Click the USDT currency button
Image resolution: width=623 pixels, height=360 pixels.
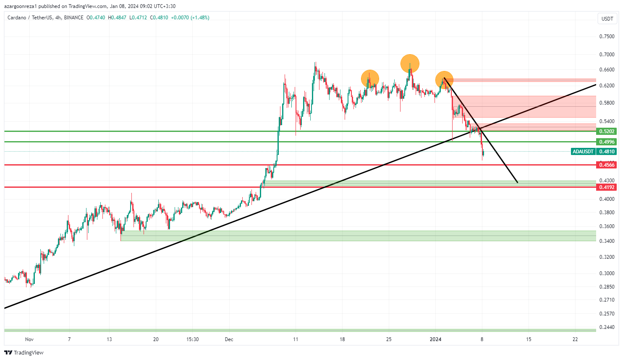tap(607, 18)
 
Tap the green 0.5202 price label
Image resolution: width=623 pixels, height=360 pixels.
tap(607, 131)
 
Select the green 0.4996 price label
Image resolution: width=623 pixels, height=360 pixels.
tap(607, 142)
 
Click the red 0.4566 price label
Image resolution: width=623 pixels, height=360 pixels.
tap(607, 165)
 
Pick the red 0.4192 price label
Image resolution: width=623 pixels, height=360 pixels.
tap(607, 187)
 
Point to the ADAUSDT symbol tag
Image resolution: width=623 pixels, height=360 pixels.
tap(583, 152)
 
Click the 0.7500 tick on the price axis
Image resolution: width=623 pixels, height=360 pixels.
tap(607, 37)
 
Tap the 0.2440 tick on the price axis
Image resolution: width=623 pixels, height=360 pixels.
tap(607, 327)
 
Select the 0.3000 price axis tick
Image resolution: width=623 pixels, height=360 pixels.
tap(607, 273)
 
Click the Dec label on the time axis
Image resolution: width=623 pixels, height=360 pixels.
tap(229, 339)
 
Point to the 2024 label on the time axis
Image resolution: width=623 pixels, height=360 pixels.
tap(435, 339)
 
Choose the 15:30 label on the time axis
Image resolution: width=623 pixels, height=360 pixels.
tap(192, 339)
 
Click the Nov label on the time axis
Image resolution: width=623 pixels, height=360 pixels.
tap(29, 339)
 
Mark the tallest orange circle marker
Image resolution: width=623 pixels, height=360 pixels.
tap(410, 64)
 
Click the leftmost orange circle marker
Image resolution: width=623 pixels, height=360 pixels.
tap(370, 79)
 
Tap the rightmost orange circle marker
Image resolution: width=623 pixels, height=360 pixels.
tap(444, 80)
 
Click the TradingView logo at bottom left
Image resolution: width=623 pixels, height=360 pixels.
tap(24, 353)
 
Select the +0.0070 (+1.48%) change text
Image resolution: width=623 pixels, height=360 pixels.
tap(190, 18)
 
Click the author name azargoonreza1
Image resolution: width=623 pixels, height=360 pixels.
tap(20, 6)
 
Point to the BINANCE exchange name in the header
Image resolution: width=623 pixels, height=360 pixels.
tap(74, 18)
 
